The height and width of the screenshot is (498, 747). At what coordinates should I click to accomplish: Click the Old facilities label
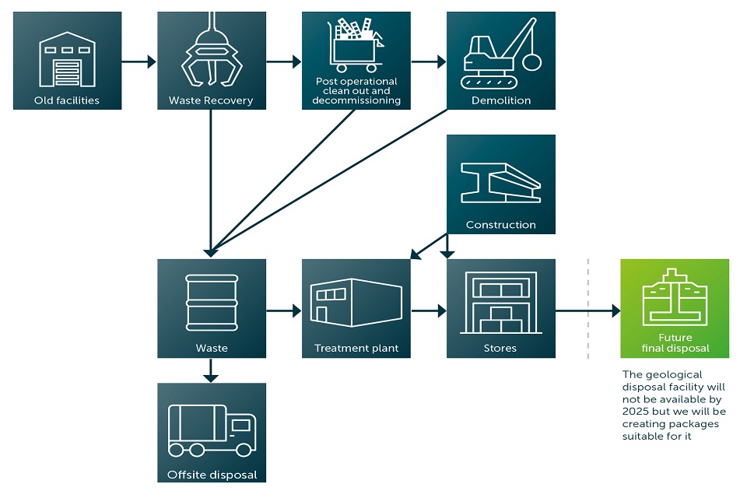(67, 100)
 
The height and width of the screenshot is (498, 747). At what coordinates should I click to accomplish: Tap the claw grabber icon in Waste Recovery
(211, 58)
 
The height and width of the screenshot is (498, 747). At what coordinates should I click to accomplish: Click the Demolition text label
(500, 100)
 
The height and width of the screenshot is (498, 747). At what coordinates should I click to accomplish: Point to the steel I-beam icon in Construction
(500, 183)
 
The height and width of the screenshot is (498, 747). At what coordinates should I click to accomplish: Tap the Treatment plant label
(356, 348)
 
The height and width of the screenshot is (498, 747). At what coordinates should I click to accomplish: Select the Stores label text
(500, 348)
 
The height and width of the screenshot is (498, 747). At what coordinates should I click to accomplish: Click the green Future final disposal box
(675, 309)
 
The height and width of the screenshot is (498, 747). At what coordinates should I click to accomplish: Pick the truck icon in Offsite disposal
(211, 430)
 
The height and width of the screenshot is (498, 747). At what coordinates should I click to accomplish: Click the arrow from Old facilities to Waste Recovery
(139, 61)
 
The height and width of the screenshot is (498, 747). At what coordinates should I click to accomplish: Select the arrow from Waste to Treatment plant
(283, 310)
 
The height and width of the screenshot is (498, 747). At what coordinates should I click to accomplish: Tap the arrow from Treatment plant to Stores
(428, 310)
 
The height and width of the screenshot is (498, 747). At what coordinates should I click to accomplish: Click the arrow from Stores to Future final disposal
(587, 310)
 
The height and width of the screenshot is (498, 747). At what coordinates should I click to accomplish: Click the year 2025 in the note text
(635, 411)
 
